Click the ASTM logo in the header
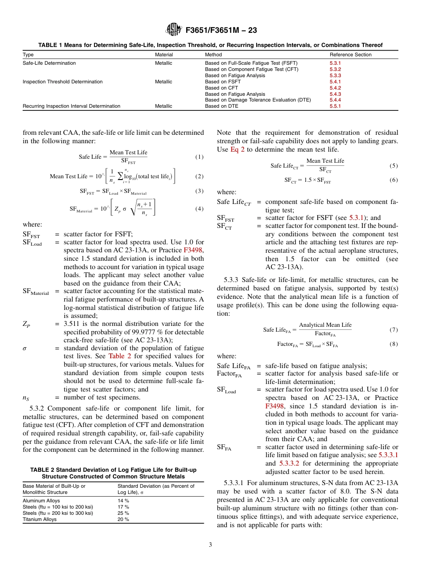pos(173,30)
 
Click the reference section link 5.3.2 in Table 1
pos(335,69)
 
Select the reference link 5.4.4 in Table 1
pos(335,100)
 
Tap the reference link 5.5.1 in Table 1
pos(335,106)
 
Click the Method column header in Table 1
pos(213,55)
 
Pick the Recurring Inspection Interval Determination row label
pos(71,106)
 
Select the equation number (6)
pos(394,180)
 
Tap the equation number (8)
pos(394,344)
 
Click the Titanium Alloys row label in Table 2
pos(39,519)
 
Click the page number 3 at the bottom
pos(210,545)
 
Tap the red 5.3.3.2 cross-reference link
pos(290,464)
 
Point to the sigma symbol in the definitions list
pos(25,349)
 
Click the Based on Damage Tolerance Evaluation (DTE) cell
pos(257,100)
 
